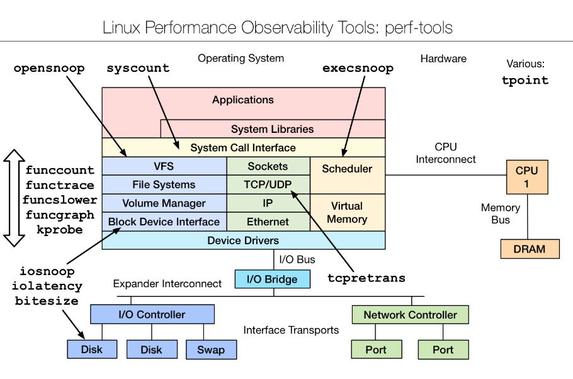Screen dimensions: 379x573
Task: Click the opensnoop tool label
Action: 49,69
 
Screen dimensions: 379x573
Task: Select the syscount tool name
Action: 138,69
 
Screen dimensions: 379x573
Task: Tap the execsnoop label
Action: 358,69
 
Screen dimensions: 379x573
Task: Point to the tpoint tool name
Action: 525,81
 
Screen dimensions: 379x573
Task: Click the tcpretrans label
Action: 366,278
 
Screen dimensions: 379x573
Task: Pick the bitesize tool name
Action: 47,301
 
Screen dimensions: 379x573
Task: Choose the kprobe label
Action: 59,230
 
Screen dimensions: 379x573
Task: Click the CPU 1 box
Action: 527,177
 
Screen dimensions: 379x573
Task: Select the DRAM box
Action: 530,249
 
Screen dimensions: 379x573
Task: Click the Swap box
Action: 211,349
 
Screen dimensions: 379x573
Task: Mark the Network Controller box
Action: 410,315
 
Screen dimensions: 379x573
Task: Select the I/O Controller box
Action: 152,314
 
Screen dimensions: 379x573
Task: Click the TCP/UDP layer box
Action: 268,184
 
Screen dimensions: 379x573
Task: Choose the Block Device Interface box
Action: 164,222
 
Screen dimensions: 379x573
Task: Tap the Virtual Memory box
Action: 347,212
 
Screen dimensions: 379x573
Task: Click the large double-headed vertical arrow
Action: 13,198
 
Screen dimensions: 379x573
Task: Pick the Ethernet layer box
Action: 268,222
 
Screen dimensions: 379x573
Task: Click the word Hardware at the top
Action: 443,59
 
